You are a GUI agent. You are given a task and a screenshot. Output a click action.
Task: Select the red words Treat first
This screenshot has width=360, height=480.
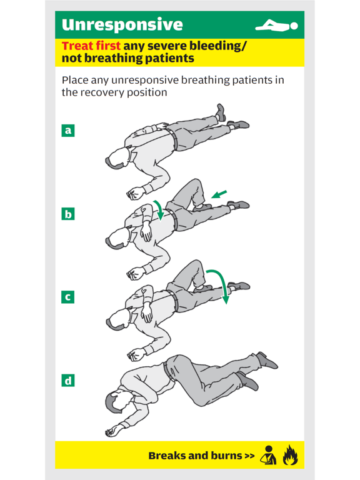click(x=91, y=46)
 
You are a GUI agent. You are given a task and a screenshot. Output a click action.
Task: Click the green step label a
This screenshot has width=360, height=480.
click(x=68, y=131)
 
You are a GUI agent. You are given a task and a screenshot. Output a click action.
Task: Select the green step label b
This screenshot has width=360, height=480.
click(x=68, y=214)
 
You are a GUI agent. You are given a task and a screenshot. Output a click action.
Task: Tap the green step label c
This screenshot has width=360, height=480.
click(x=68, y=297)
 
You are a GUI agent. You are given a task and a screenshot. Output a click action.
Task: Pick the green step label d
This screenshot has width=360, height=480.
click(x=68, y=380)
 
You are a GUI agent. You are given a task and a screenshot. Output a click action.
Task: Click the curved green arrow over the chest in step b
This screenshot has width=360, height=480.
click(x=159, y=211)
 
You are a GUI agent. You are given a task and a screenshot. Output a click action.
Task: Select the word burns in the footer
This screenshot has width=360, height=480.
click(x=219, y=456)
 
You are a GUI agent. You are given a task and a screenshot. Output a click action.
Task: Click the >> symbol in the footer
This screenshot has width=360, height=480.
click(x=249, y=456)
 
